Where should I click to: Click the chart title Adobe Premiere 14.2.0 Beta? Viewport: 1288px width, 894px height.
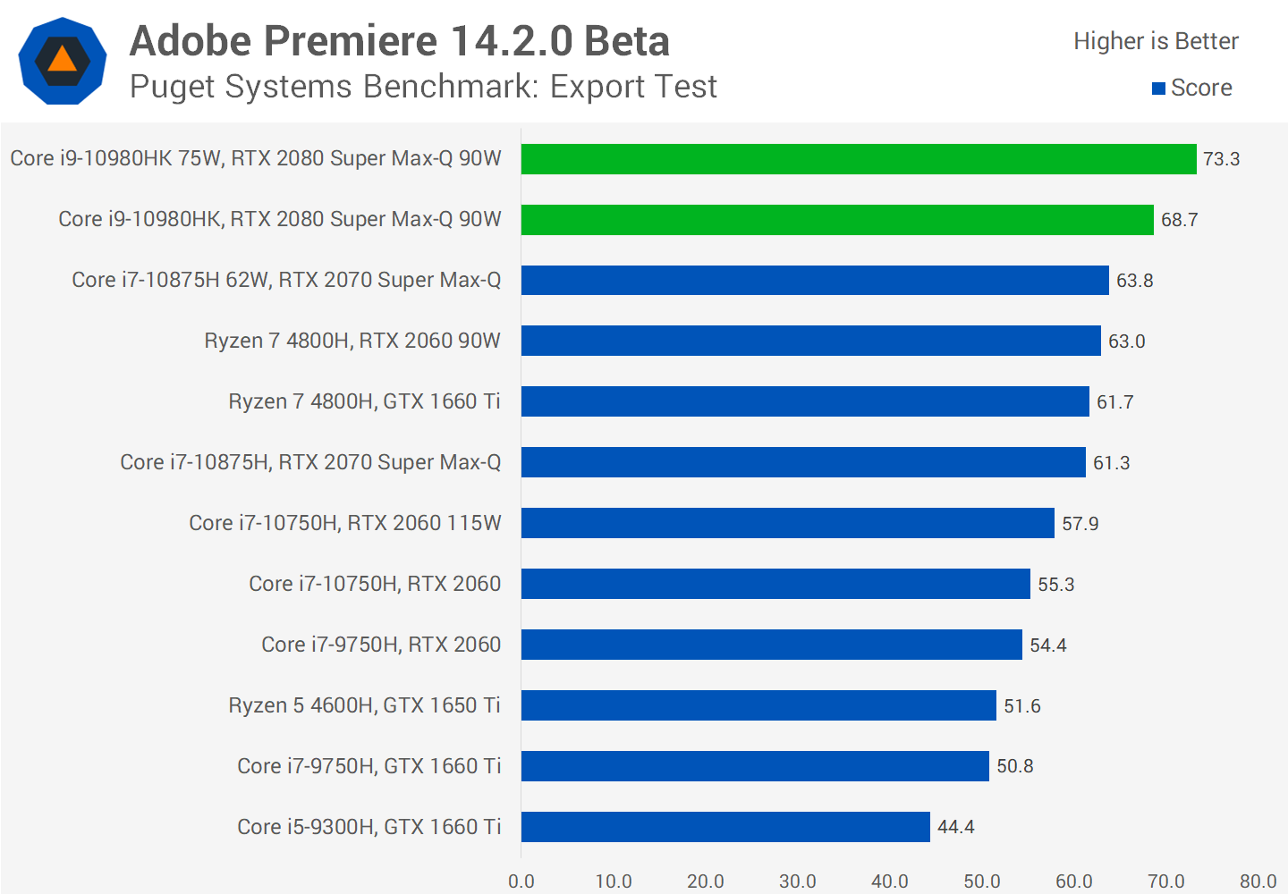click(400, 41)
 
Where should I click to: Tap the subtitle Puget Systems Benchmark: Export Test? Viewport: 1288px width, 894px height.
click(423, 87)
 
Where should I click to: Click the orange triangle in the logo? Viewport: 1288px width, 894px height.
click(62, 60)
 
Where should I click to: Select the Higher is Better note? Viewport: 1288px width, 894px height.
click(1156, 41)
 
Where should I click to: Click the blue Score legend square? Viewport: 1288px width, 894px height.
click(1158, 89)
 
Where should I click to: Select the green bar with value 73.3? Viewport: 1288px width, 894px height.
click(859, 159)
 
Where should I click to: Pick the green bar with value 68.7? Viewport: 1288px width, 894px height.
click(837, 220)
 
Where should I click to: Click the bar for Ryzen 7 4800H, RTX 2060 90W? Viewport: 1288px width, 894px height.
click(810, 341)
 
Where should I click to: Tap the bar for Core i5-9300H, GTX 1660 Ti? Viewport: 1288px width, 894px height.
click(725, 827)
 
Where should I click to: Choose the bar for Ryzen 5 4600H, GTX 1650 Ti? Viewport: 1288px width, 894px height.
click(758, 705)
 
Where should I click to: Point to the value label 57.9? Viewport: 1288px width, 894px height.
click(1080, 524)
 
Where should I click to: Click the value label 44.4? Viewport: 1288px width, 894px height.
click(956, 827)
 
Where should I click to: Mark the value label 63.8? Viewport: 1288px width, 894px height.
click(1135, 281)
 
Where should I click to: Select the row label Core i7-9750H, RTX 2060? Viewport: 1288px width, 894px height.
click(381, 645)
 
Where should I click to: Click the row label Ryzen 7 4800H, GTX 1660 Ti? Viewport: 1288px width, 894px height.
click(364, 401)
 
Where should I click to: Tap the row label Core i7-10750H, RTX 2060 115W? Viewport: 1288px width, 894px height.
click(345, 523)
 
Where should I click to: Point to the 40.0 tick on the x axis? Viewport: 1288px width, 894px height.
click(890, 881)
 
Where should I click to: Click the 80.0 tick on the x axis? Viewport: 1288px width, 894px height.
click(1258, 881)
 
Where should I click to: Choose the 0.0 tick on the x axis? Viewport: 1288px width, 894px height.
click(521, 881)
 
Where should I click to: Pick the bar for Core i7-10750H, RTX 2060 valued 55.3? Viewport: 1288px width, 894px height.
click(775, 584)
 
